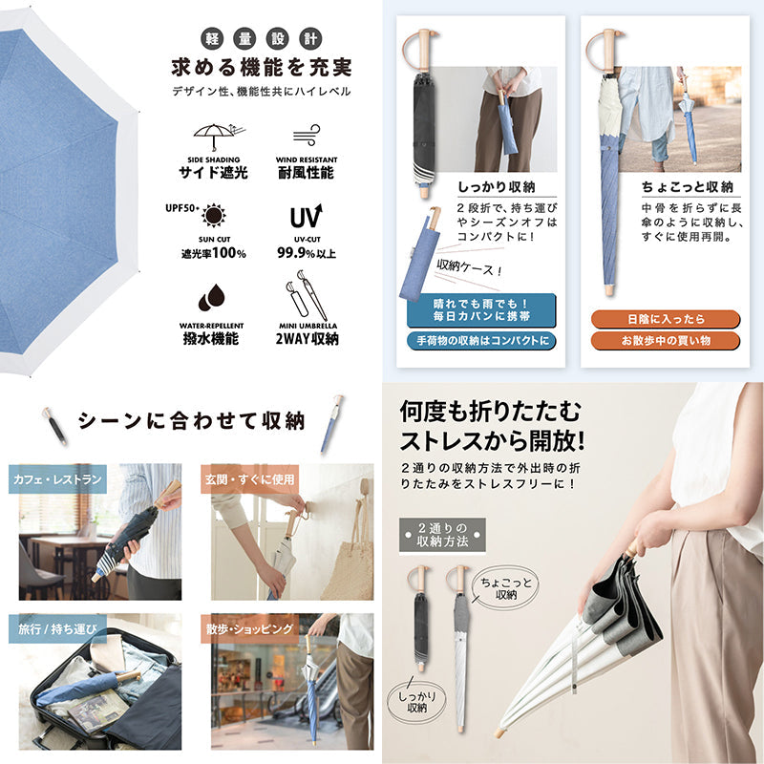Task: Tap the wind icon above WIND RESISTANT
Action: (x=307, y=136)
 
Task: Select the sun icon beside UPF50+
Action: (x=213, y=216)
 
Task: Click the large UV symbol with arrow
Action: (x=306, y=217)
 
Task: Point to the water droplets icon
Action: (x=211, y=298)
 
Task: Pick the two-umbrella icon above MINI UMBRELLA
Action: (x=306, y=296)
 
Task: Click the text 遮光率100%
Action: (x=213, y=253)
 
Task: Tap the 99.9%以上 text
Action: (x=307, y=253)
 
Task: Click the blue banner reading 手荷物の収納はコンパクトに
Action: (x=481, y=341)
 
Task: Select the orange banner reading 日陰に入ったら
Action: (x=666, y=319)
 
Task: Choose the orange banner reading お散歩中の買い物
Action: (x=666, y=341)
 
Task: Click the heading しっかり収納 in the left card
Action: (x=497, y=187)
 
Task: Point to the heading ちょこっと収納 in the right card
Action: (x=687, y=187)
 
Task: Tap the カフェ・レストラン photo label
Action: (x=57, y=479)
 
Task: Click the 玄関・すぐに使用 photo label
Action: (x=249, y=479)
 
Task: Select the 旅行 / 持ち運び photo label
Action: (x=57, y=628)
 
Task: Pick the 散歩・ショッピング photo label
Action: (x=249, y=628)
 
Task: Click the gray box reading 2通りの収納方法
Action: (x=442, y=535)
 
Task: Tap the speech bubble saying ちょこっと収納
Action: (x=506, y=588)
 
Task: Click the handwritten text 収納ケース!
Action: (x=469, y=267)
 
